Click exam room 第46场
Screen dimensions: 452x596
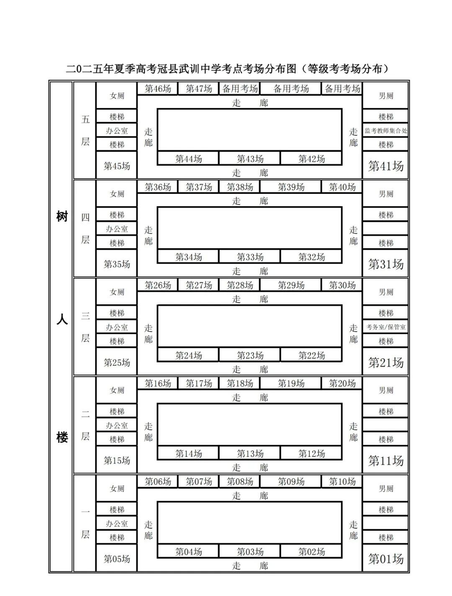tap(158, 88)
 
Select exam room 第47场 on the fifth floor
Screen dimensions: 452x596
tap(198, 88)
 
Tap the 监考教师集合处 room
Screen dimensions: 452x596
tap(385, 131)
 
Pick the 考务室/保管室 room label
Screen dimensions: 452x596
tap(385, 327)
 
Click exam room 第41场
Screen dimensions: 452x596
tap(385, 166)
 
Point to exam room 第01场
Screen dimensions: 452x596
tap(385, 559)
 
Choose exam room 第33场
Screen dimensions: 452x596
tap(250, 257)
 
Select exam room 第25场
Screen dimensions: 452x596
tap(117, 362)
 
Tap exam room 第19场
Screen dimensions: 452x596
tap(291, 383)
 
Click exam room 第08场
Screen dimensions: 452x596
tap(239, 481)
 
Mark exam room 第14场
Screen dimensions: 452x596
tap(188, 453)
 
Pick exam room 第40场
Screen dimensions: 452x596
tap(342, 187)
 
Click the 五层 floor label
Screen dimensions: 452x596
tap(85, 130)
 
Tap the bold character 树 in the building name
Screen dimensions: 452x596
tap(62, 217)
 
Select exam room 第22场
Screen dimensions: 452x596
tap(311, 355)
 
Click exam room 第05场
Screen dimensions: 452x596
tap(117, 559)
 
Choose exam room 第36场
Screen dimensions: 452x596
tap(158, 187)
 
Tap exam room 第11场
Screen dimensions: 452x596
tap(385, 460)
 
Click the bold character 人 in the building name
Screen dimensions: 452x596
tap(62, 320)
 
